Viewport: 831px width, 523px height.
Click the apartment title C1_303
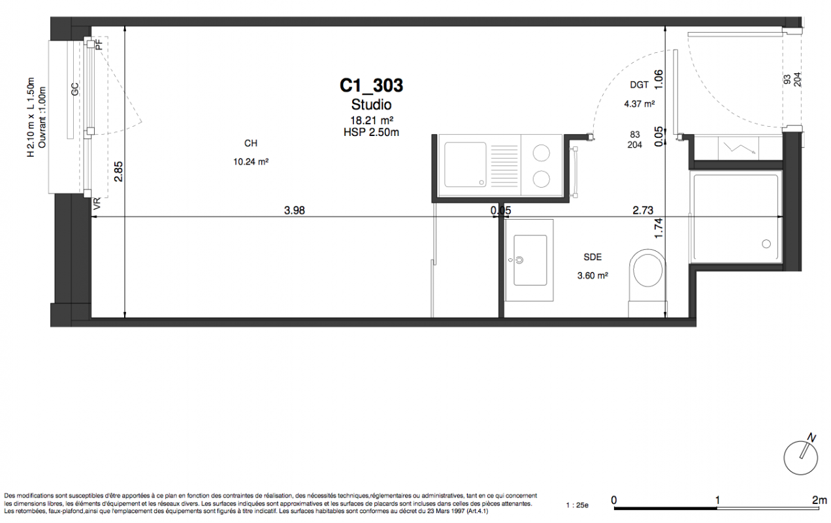[371, 86]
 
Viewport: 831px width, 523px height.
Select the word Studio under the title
[371, 105]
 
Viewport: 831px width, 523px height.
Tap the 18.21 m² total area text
[372, 121]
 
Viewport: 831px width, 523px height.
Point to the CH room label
[251, 143]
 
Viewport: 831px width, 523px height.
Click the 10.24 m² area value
[251, 162]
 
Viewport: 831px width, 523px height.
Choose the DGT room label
[639, 85]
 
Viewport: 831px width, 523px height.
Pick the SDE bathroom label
[593, 257]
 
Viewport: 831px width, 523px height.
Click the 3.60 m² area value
[593, 275]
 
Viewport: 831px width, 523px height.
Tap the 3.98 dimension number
[294, 211]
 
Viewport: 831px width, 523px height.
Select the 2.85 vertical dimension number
[119, 171]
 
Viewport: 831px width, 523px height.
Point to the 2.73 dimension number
[643, 211]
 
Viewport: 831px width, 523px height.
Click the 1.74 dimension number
[659, 228]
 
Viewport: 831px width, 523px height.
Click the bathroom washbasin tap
[519, 260]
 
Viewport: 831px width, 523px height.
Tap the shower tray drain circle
[766, 244]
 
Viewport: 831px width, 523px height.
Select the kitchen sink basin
[465, 165]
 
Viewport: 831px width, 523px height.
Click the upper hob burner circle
[542, 153]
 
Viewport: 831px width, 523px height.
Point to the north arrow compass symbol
[801, 456]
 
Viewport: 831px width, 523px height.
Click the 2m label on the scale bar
[819, 500]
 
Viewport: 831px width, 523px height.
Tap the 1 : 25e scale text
[577, 505]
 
